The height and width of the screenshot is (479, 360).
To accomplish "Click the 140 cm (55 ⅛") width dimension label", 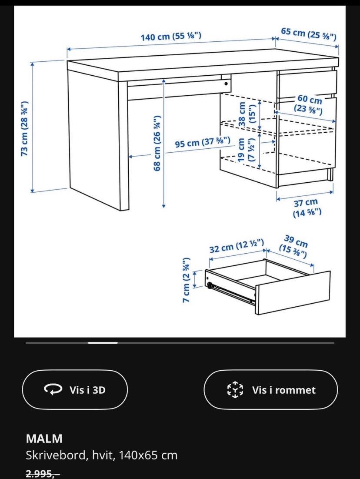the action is tap(171, 37).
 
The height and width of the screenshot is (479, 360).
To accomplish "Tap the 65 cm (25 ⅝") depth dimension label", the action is tap(309, 34).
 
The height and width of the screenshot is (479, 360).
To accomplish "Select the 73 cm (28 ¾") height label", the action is tap(25, 128).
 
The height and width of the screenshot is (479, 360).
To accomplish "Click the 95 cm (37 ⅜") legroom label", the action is tap(203, 142).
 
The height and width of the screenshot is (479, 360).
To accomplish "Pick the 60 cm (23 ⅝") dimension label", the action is tap(308, 104).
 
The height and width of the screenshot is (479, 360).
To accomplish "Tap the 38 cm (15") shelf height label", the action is tap(247, 115).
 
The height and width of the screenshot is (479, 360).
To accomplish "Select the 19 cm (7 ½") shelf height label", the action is tap(246, 150).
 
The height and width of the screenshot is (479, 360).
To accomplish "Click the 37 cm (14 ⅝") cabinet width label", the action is tap(307, 208).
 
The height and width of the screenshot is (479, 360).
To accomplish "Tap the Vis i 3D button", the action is tap(75, 389).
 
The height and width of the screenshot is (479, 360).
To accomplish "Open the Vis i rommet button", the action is tap(270, 389).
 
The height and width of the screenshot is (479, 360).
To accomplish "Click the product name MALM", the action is tap(44, 439).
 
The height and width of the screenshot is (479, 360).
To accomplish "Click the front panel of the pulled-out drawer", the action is tap(293, 292).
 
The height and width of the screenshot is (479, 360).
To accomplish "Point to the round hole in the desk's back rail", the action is tap(226, 84).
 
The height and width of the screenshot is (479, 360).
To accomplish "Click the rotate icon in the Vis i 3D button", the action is tap(53, 389).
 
